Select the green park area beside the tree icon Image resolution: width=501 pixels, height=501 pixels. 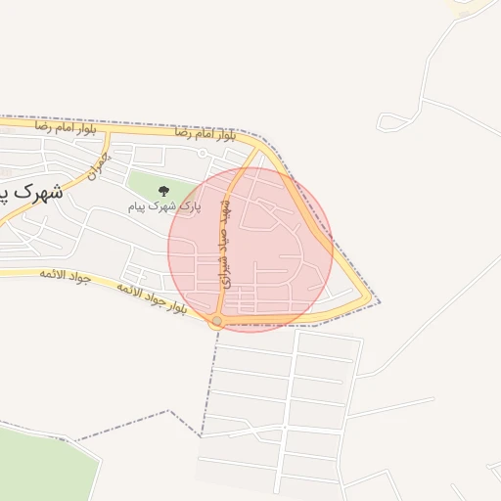(x=147, y=184)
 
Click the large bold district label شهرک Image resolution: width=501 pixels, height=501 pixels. (x=39, y=193)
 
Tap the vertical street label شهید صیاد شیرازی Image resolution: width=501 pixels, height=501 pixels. (x=223, y=239)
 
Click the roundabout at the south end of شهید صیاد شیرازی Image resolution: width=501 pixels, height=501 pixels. (x=216, y=320)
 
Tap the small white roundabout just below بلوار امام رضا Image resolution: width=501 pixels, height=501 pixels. (x=202, y=154)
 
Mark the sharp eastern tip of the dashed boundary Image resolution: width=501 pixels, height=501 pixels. (x=380, y=302)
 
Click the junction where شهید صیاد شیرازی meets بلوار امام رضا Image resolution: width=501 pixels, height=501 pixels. (x=256, y=150)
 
